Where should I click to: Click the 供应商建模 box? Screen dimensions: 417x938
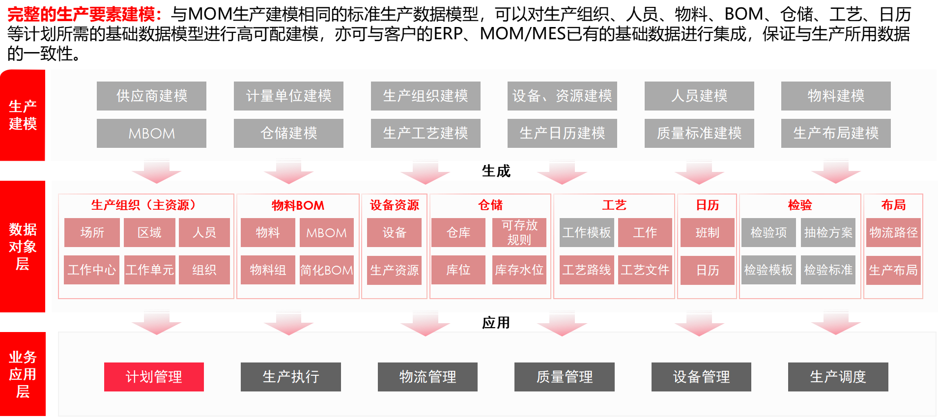click(151, 96)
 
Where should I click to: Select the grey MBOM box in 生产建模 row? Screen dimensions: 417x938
click(151, 133)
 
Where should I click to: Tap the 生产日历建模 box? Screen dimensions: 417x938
click(562, 133)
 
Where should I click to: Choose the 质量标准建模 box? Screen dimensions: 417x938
click(699, 133)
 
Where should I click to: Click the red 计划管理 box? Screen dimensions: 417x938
click(154, 377)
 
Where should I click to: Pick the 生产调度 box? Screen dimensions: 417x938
click(838, 377)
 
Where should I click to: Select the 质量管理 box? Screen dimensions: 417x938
click(564, 377)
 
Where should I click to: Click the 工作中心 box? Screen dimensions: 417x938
click(92, 270)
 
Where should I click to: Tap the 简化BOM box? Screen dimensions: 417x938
click(327, 270)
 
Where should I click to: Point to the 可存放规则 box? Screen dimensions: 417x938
click(519, 232)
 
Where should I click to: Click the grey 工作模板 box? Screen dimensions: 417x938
click(587, 232)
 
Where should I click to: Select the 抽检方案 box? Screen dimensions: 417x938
click(828, 232)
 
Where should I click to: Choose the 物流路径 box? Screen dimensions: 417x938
click(893, 232)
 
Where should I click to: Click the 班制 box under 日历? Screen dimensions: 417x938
click(707, 232)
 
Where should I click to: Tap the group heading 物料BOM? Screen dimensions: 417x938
click(298, 205)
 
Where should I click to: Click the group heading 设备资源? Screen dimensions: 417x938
click(394, 205)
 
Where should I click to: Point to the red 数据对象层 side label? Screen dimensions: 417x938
click(23, 247)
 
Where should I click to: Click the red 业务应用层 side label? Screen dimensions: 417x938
click(23, 374)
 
